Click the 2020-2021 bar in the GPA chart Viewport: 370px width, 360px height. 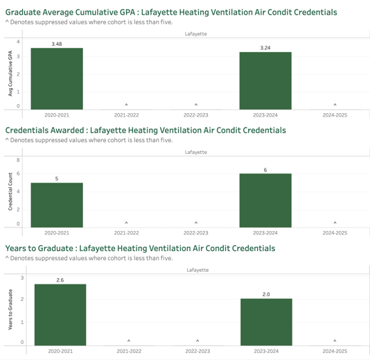click(57, 78)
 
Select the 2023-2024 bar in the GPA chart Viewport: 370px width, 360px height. click(265, 80)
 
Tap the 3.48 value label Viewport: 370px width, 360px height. click(57, 44)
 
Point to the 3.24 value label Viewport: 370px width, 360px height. click(265, 48)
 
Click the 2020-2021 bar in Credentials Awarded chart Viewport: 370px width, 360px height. click(57, 205)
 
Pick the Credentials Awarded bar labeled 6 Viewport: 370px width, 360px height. click(265, 200)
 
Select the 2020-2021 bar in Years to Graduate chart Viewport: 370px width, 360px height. click(60, 315)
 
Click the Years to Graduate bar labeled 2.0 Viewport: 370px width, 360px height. click(266, 322)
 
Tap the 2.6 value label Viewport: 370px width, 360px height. click(60, 280)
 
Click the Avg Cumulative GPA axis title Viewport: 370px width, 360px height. click(10, 74)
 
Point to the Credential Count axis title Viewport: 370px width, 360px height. click(10, 191)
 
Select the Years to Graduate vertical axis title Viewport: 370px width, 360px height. click(10, 309)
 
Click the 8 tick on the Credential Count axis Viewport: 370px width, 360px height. click(18, 160)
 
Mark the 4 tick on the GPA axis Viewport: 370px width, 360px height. click(18, 42)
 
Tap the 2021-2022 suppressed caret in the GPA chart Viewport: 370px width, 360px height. click(127, 105)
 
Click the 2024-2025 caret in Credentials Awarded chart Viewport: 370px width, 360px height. click(335, 223)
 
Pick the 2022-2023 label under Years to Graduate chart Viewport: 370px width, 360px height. click(197, 351)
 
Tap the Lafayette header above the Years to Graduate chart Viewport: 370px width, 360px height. click(197, 270)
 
